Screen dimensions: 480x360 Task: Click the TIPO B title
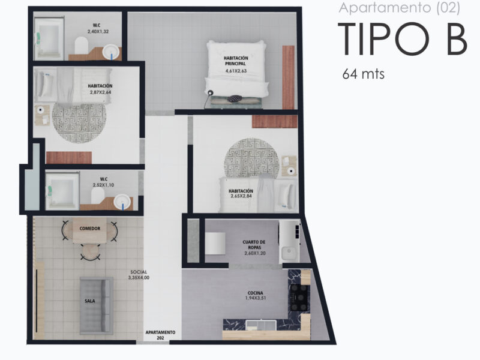click(403, 39)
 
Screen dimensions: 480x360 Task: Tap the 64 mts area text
click(364, 74)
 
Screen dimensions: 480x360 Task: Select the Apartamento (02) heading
click(399, 8)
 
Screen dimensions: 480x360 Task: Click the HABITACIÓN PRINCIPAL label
click(236, 61)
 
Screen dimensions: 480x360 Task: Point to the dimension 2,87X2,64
click(100, 92)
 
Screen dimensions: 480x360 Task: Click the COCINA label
click(256, 293)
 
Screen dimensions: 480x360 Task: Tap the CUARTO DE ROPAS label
click(254, 245)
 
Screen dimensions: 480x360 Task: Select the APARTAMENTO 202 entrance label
click(160, 335)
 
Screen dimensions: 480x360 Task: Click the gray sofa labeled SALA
click(97, 305)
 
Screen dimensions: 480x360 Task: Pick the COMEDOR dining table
click(89, 231)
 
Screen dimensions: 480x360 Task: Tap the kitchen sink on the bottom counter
click(261, 325)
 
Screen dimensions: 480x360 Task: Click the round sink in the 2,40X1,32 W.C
click(110, 52)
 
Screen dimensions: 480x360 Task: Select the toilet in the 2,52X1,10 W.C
click(98, 196)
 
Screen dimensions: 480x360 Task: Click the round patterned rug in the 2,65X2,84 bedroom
click(251, 158)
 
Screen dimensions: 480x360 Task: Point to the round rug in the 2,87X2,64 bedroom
click(79, 122)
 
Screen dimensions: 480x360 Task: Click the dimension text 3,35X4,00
click(139, 278)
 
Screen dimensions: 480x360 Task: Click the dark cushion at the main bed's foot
click(235, 98)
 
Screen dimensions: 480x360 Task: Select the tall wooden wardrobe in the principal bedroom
click(288, 77)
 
